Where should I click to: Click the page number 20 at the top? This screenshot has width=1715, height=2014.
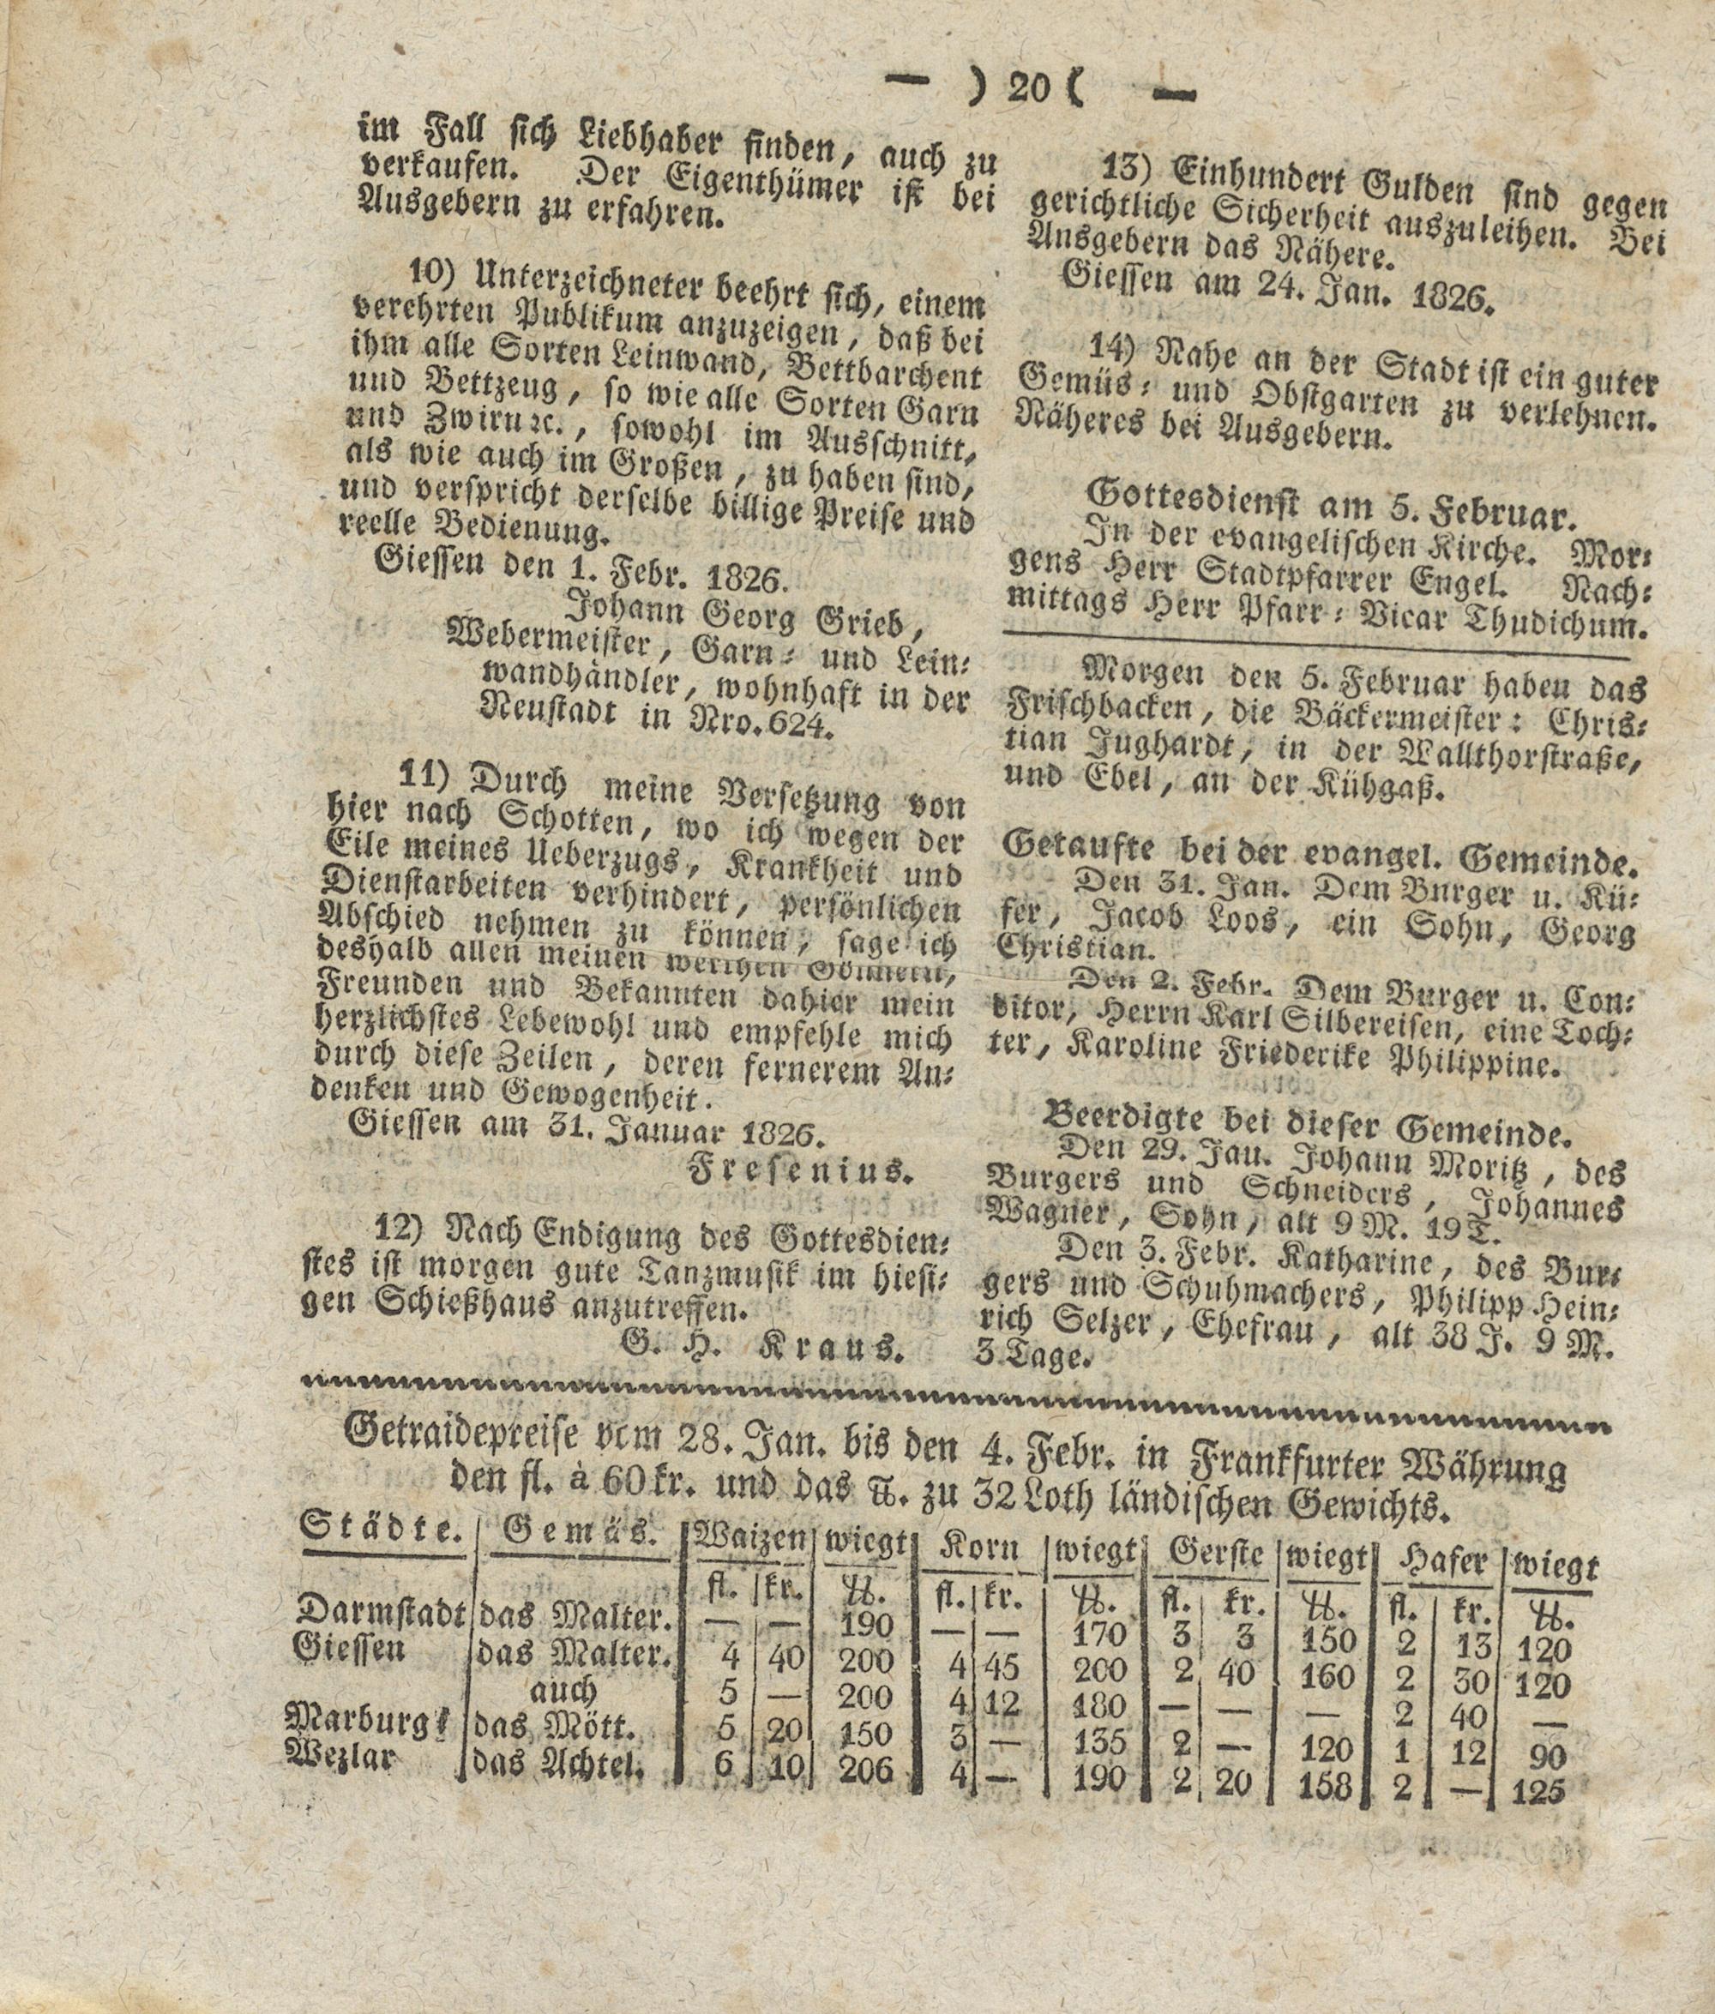(1030, 90)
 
